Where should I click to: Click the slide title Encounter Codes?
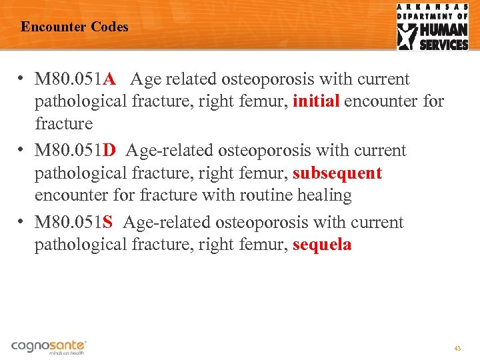[74, 27]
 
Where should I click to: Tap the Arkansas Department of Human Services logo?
[433, 27]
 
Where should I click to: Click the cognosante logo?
[49, 347]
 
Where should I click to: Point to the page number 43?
[457, 349]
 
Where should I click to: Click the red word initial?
[317, 101]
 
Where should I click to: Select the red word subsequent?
[337, 173]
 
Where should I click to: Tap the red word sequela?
[322, 245]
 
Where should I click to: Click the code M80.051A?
[75, 79]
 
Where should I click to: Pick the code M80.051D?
[75, 151]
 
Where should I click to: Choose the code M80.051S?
[74, 222]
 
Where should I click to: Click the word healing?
[327, 195]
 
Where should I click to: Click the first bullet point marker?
[23, 79]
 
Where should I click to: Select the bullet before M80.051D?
[23, 151]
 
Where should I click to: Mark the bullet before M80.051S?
[23, 222]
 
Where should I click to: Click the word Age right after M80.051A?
[145, 79]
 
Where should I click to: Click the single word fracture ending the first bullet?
[63, 124]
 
